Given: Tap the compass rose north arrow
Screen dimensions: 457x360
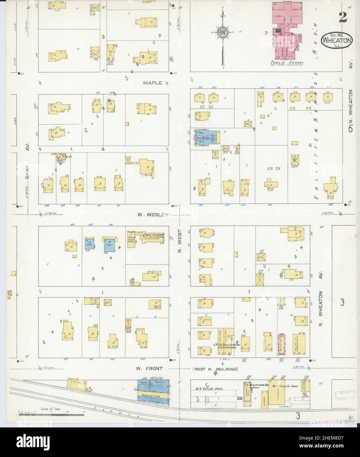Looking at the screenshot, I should point(223,33).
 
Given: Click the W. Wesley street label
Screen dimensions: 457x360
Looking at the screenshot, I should point(153,215).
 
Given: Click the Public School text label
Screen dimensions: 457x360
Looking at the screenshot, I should point(286,62).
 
